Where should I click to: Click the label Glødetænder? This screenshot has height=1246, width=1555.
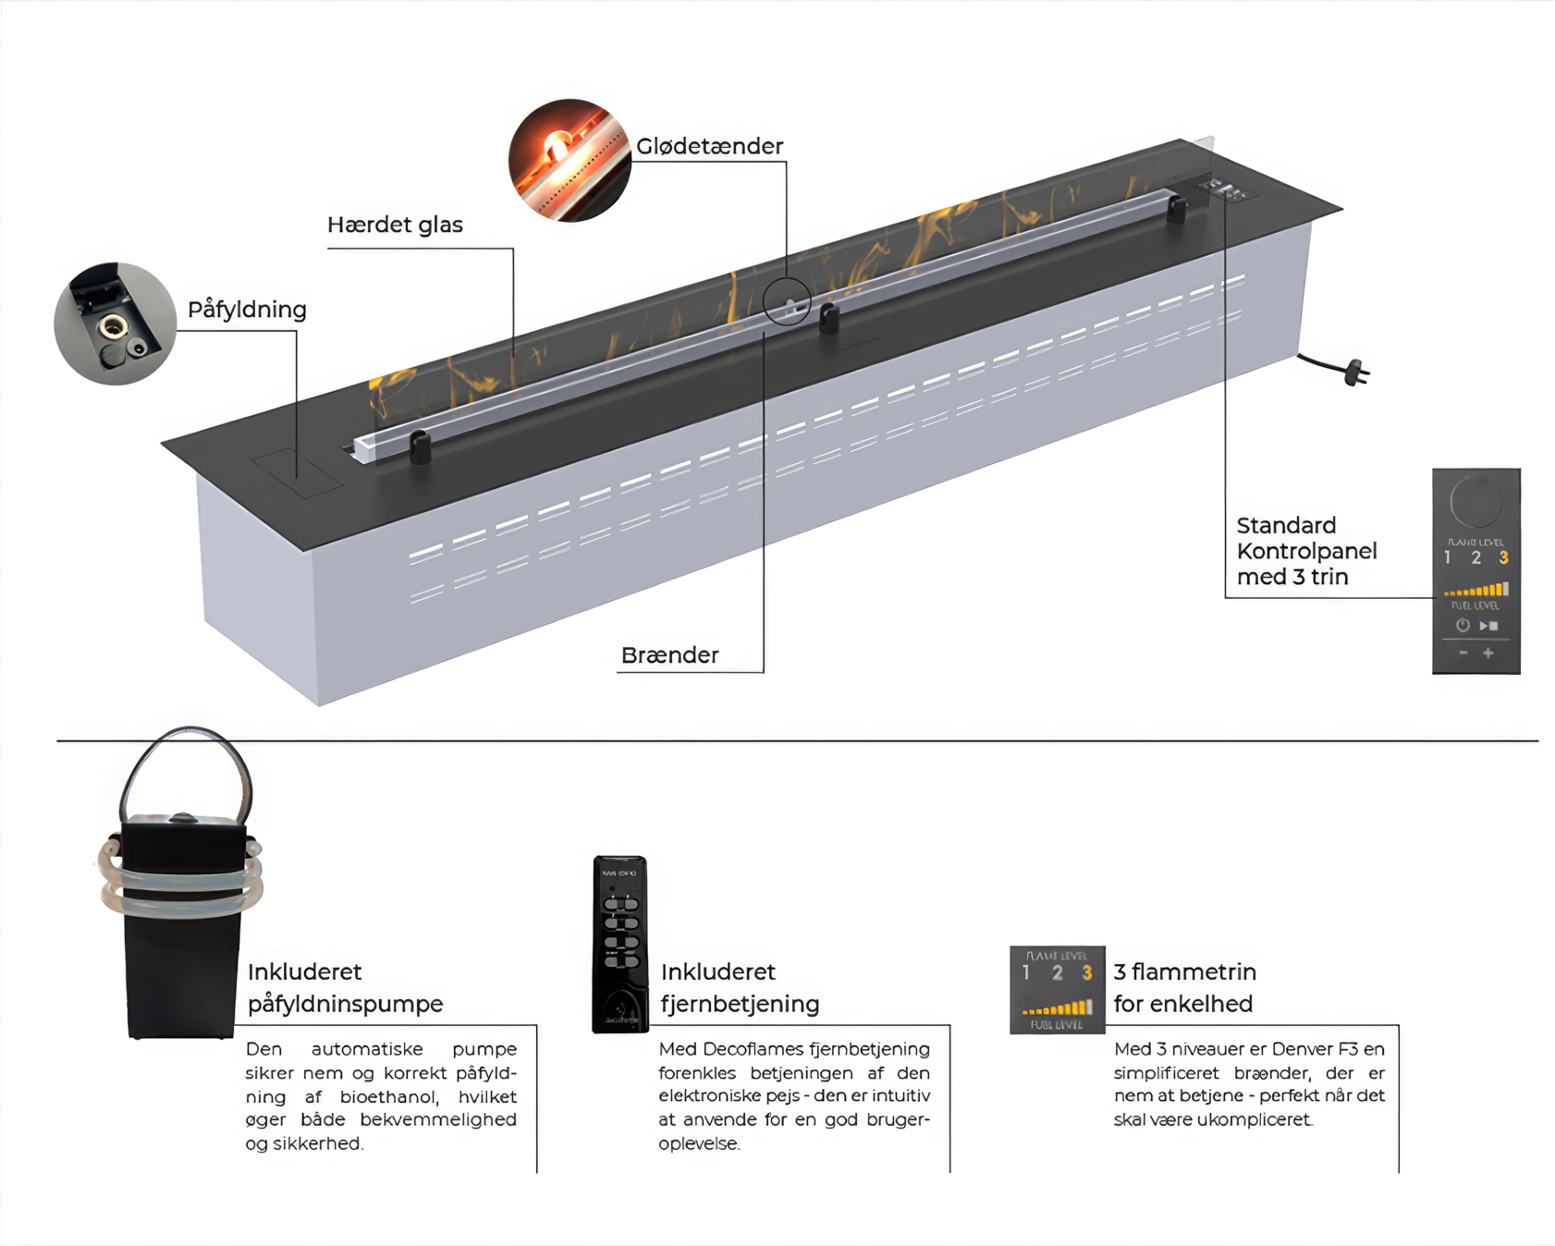pos(709,146)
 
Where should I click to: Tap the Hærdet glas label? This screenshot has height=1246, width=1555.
pos(395,225)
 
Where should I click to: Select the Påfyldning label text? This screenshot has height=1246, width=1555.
pos(247,310)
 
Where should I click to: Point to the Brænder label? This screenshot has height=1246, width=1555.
pos(669,655)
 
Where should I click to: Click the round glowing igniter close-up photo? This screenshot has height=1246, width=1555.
pos(569,161)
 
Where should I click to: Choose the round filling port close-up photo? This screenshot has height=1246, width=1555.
pos(115,324)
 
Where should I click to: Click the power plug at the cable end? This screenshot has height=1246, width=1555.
pos(1356,373)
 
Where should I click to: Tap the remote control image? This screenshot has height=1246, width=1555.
pos(619,944)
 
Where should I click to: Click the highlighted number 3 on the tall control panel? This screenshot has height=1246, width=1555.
pos(1504,558)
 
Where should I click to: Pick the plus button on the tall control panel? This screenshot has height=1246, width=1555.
pos(1488,654)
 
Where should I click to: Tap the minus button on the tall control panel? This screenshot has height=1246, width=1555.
pos(1463,654)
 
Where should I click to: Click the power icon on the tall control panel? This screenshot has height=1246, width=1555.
pos(1463,626)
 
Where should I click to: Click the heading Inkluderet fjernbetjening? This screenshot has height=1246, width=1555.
pos(740,988)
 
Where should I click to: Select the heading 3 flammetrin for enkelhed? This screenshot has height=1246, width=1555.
pos(1184,988)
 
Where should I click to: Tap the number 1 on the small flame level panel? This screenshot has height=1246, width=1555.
pos(1026,972)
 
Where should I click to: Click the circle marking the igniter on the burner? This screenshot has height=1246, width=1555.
pos(787,301)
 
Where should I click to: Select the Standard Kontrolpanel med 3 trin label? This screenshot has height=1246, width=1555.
pos(1306,551)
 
